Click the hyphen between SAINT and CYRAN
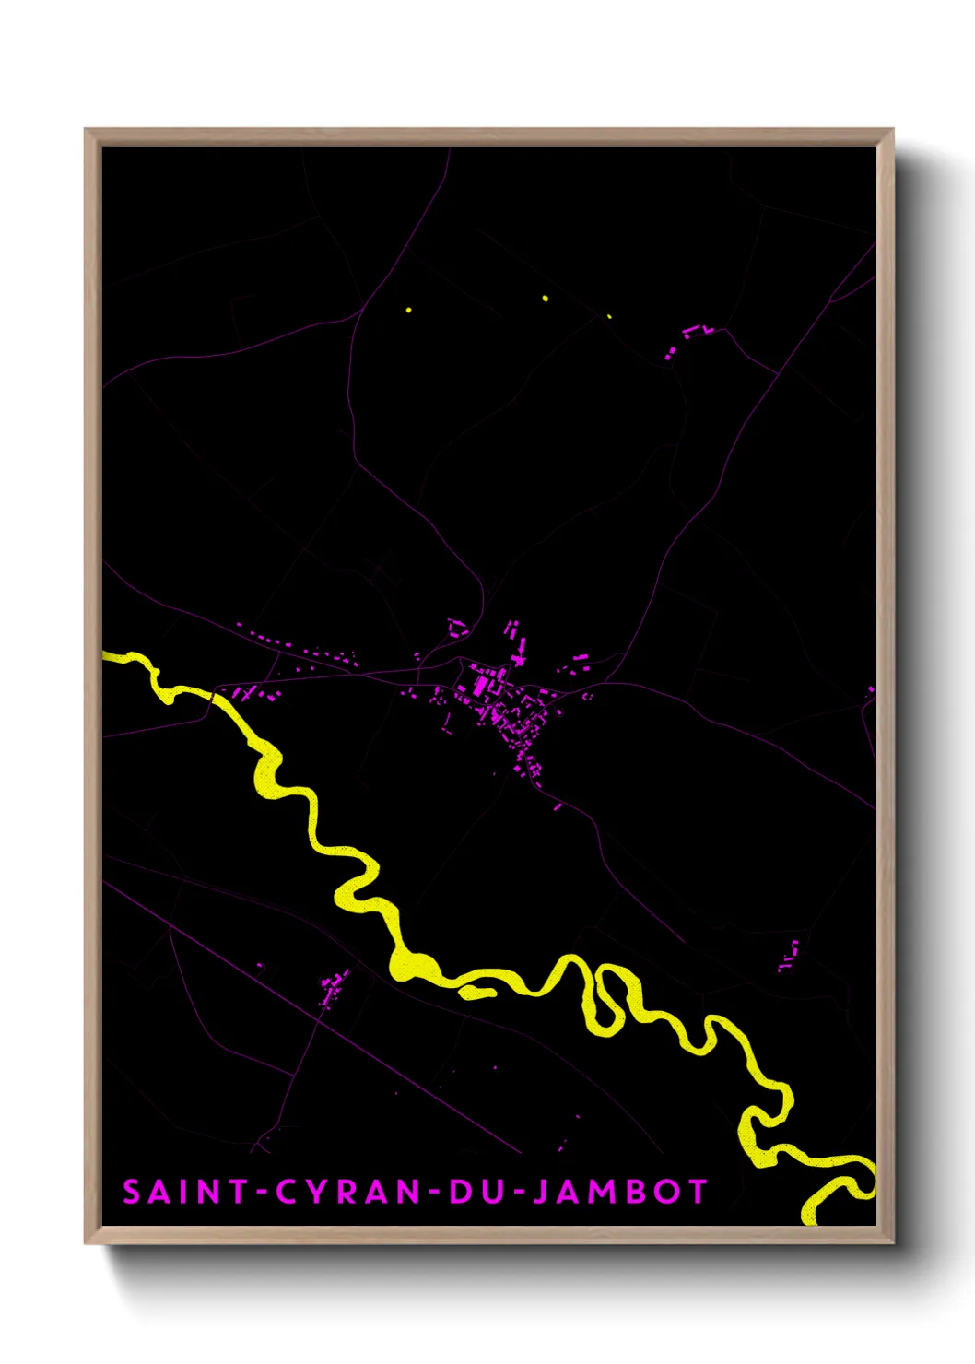(261, 1193)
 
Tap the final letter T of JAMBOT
(698, 1192)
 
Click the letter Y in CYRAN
(311, 1192)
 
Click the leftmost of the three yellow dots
(408, 310)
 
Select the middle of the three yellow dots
(545, 299)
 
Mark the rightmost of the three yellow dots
(609, 317)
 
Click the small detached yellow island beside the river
(476, 993)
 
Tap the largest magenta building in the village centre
(479, 684)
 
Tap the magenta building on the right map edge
(871, 689)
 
